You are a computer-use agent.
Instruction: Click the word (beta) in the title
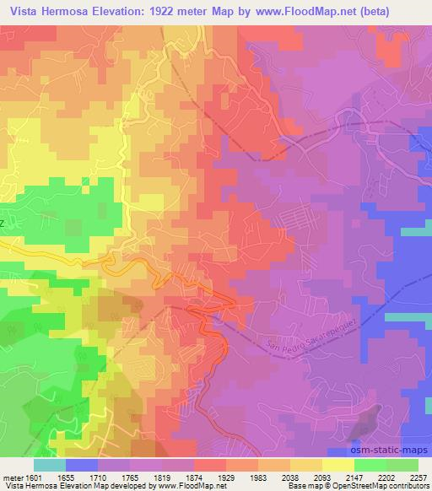click(403, 11)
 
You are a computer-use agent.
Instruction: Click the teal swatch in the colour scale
click(50, 465)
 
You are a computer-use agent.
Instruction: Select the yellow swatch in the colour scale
click(337, 465)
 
